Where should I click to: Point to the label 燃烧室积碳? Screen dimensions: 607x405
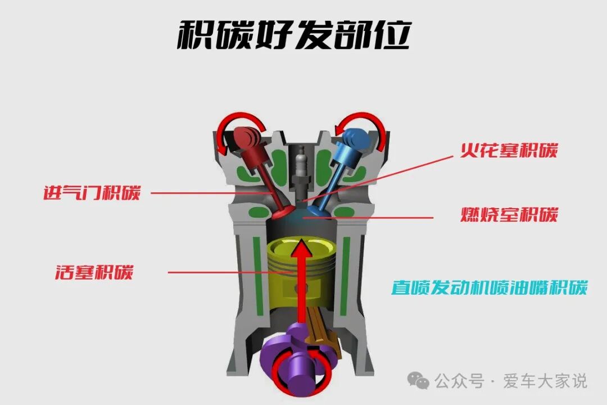pyautogui.click(x=509, y=215)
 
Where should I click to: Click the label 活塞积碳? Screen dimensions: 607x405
pyautogui.click(x=94, y=272)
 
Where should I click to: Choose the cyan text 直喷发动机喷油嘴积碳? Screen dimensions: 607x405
pyautogui.click(x=489, y=288)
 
